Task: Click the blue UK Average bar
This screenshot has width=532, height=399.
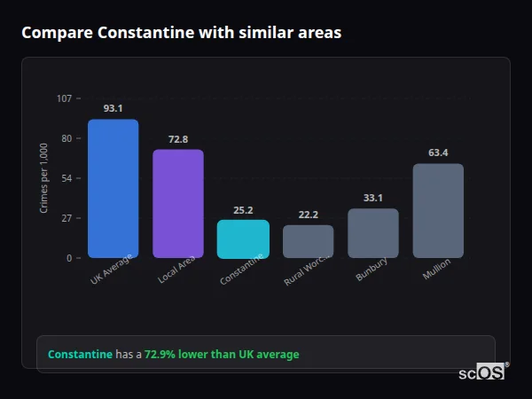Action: click(113, 189)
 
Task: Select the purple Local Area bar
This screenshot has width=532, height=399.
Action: click(178, 204)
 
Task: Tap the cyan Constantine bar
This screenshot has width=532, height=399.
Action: click(243, 239)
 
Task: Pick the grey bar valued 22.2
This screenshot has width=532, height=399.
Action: click(308, 241)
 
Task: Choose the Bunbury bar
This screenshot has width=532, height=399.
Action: click(373, 233)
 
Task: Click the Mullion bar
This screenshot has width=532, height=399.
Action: click(438, 211)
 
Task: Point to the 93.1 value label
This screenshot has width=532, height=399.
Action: click(113, 108)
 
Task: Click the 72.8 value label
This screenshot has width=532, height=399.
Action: click(178, 139)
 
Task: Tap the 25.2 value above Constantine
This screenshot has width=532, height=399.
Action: click(243, 210)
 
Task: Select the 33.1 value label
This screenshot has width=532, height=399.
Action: click(373, 198)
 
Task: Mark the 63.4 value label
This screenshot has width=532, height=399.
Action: click(438, 153)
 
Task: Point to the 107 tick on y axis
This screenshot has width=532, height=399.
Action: click(64, 98)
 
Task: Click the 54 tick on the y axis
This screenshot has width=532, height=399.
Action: click(66, 178)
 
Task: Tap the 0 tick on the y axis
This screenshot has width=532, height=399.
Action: click(69, 258)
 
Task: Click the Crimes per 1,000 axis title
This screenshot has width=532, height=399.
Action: click(44, 178)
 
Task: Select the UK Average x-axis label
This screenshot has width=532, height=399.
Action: click(112, 270)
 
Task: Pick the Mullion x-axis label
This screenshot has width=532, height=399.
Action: click(437, 268)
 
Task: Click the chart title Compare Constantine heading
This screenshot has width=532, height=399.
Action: click(181, 32)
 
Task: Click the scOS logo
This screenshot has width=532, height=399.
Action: click(481, 372)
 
